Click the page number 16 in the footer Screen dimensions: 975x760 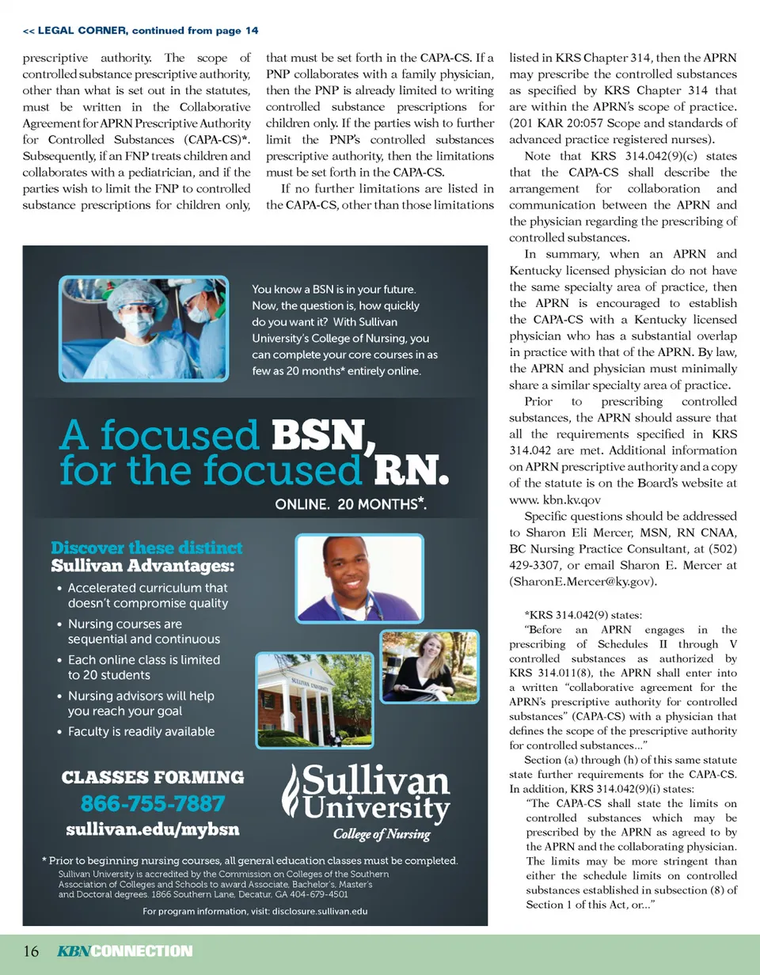coord(31,951)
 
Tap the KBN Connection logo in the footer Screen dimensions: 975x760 coord(124,951)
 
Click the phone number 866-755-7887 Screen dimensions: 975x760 coord(153,804)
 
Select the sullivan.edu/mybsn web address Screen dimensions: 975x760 coord(152,830)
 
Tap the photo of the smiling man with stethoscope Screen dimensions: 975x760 coord(359,578)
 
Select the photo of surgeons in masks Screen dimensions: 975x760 coord(143,327)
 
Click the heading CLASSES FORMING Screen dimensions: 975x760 coord(153,777)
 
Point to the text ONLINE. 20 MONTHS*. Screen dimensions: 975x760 coord(351,503)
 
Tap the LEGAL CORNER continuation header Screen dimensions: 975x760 coord(140,31)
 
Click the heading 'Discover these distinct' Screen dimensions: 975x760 coord(146,548)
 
